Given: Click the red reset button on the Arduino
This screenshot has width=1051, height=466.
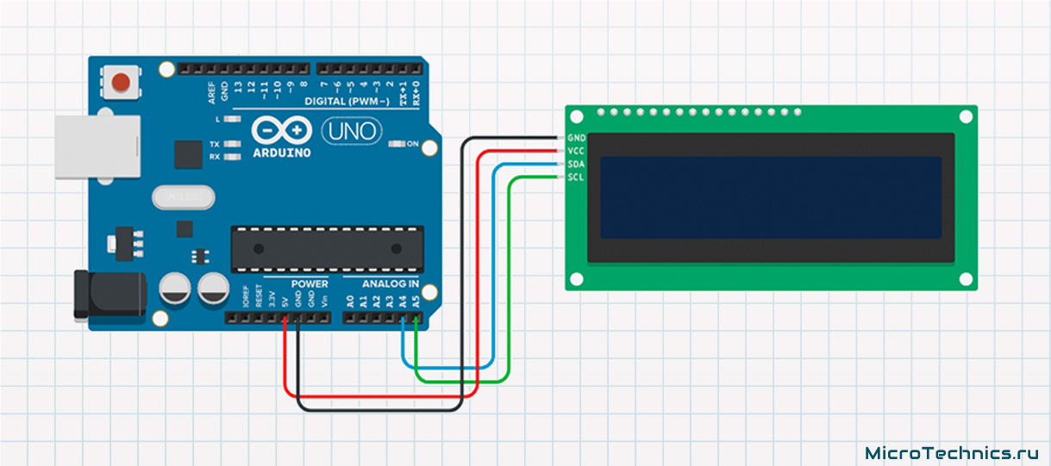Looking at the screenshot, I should pos(122,83).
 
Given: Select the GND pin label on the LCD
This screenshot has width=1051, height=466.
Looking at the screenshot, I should pos(577,138).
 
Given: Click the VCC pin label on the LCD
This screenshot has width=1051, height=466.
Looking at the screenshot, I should pos(577,151).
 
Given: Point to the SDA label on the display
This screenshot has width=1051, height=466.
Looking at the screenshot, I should pos(577,164).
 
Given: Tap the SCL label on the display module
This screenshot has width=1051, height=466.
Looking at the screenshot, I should pos(577,177).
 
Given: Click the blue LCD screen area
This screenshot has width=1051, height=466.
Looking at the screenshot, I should pos(771,197).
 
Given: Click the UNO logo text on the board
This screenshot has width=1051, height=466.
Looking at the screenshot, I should pos(351,131).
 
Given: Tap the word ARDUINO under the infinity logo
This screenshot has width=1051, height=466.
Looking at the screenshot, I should pos(281,152).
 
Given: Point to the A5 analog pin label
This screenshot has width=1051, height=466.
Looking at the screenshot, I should pos(416,301).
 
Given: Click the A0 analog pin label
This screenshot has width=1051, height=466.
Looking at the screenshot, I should pos(349,301).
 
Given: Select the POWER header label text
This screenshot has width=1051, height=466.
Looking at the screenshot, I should pos(309,283).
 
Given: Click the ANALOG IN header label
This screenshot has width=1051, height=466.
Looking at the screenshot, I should pos(391,283).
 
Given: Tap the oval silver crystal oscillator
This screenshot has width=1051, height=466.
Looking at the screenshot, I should pos(182,198).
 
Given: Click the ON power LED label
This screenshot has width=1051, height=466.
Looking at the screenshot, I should pos(412,144).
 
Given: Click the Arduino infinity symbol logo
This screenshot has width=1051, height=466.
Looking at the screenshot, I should pos(281,130).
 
